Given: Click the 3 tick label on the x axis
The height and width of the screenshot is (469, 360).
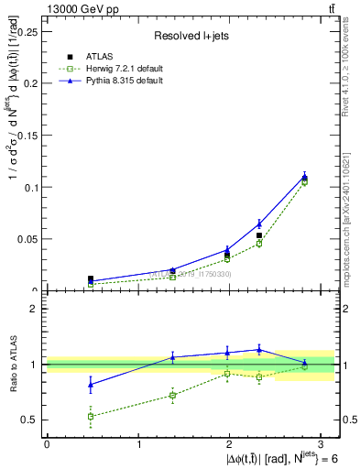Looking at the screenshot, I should coord(322,444).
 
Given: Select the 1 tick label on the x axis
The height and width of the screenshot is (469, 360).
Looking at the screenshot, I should coord(138,444).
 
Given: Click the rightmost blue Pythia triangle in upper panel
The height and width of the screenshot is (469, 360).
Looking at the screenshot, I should coord(305,177).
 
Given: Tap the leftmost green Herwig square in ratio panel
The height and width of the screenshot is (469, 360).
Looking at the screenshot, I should coord(91,416).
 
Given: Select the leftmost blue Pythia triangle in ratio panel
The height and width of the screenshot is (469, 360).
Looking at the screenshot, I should coord(91,385).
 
